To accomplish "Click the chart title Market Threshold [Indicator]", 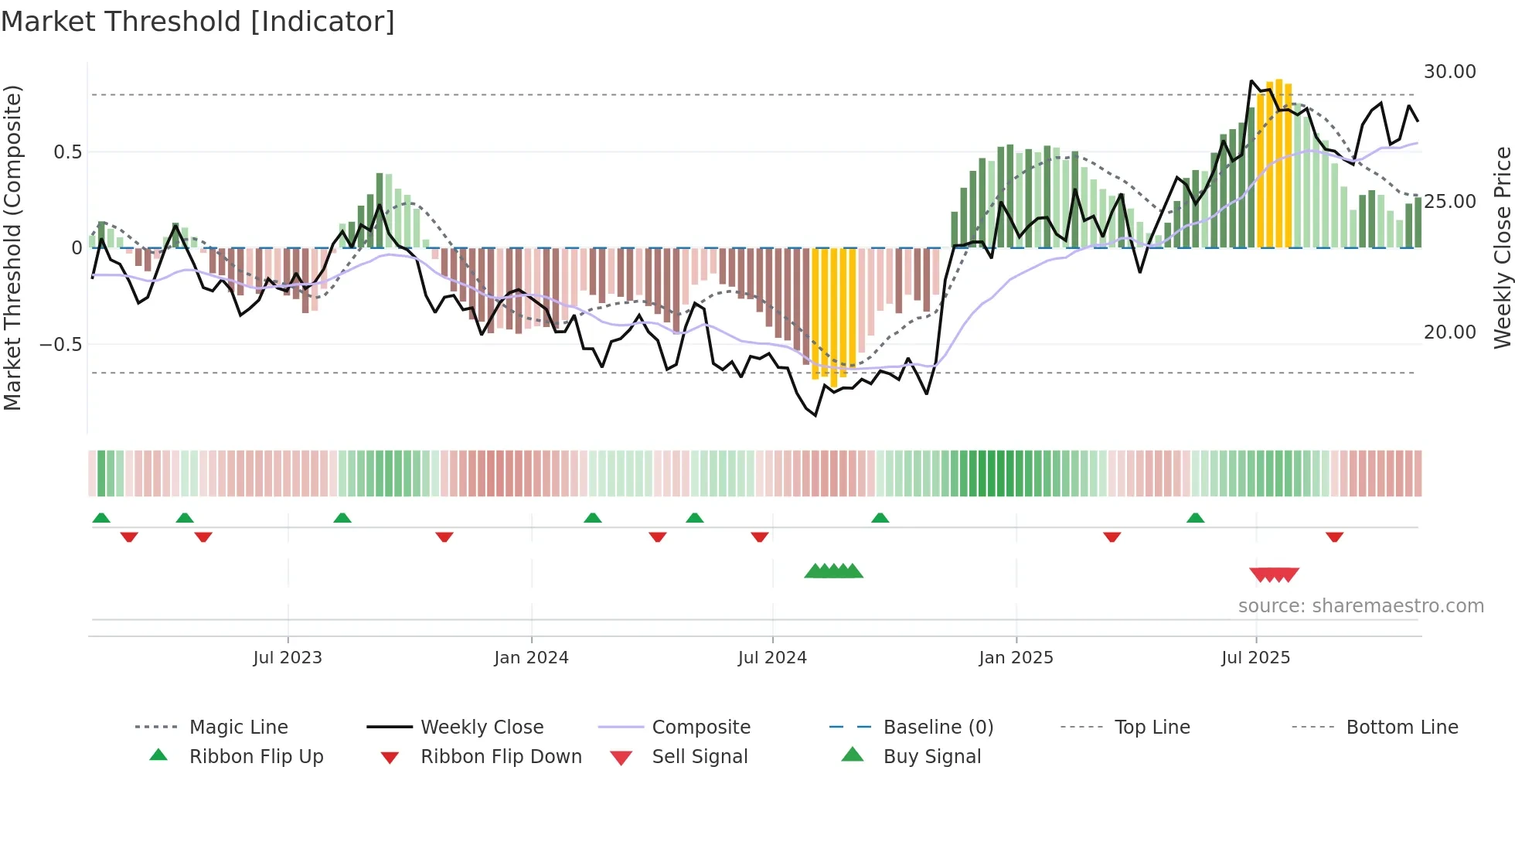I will pos(198,22).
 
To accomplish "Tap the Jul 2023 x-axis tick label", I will pos(287,658).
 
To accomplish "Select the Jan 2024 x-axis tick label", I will pos(531,658).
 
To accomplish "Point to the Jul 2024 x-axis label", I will pos(772,658).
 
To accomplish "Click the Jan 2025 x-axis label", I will pos(1016,658).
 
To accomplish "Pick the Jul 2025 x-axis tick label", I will pos(1255,658).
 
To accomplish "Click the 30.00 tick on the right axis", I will pos(1449,72).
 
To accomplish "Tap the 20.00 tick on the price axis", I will pos(1449,332).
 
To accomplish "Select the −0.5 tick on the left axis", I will pos(60,344).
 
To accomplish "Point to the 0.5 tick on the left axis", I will pos(67,152).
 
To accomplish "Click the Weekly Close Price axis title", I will pos(1502,247).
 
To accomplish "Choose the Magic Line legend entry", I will pos(238,728).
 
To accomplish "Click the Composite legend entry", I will pos(700,728).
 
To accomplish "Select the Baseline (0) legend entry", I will pos(938,728).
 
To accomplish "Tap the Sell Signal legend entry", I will pos(699,757).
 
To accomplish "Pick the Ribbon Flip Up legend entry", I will pos(256,757).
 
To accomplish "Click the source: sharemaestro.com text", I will pos(1360,606).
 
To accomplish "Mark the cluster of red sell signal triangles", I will pos(1274,574).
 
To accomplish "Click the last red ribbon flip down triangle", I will pos(1334,537).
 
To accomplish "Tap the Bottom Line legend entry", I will pos(1401,728).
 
